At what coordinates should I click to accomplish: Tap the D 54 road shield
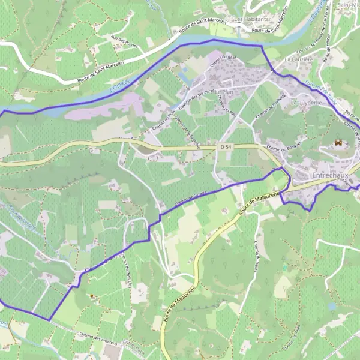click(226, 147)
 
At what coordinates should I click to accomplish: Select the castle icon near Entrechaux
click(338, 143)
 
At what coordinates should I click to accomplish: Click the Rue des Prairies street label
click(121, 42)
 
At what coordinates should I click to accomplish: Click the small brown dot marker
click(91, 296)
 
